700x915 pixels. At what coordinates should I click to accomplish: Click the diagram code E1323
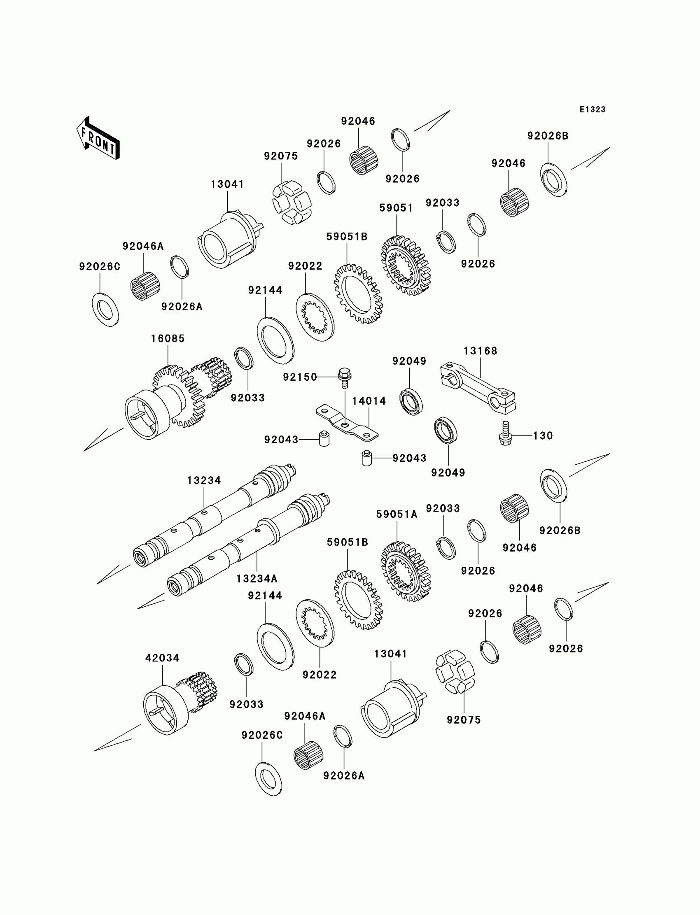[592, 109]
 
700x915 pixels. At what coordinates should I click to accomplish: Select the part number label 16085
[168, 339]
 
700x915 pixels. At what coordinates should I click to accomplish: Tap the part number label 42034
[162, 658]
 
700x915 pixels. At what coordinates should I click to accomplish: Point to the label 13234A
[257, 578]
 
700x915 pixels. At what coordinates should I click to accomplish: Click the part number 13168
[481, 351]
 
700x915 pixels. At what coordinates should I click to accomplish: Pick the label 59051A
[397, 515]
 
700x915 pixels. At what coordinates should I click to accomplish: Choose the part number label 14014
[369, 401]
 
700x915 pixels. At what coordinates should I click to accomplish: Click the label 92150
[300, 377]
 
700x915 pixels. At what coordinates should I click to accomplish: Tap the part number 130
[543, 435]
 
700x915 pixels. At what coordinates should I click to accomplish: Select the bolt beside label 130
[505, 434]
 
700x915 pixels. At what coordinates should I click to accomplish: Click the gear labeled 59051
[406, 265]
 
